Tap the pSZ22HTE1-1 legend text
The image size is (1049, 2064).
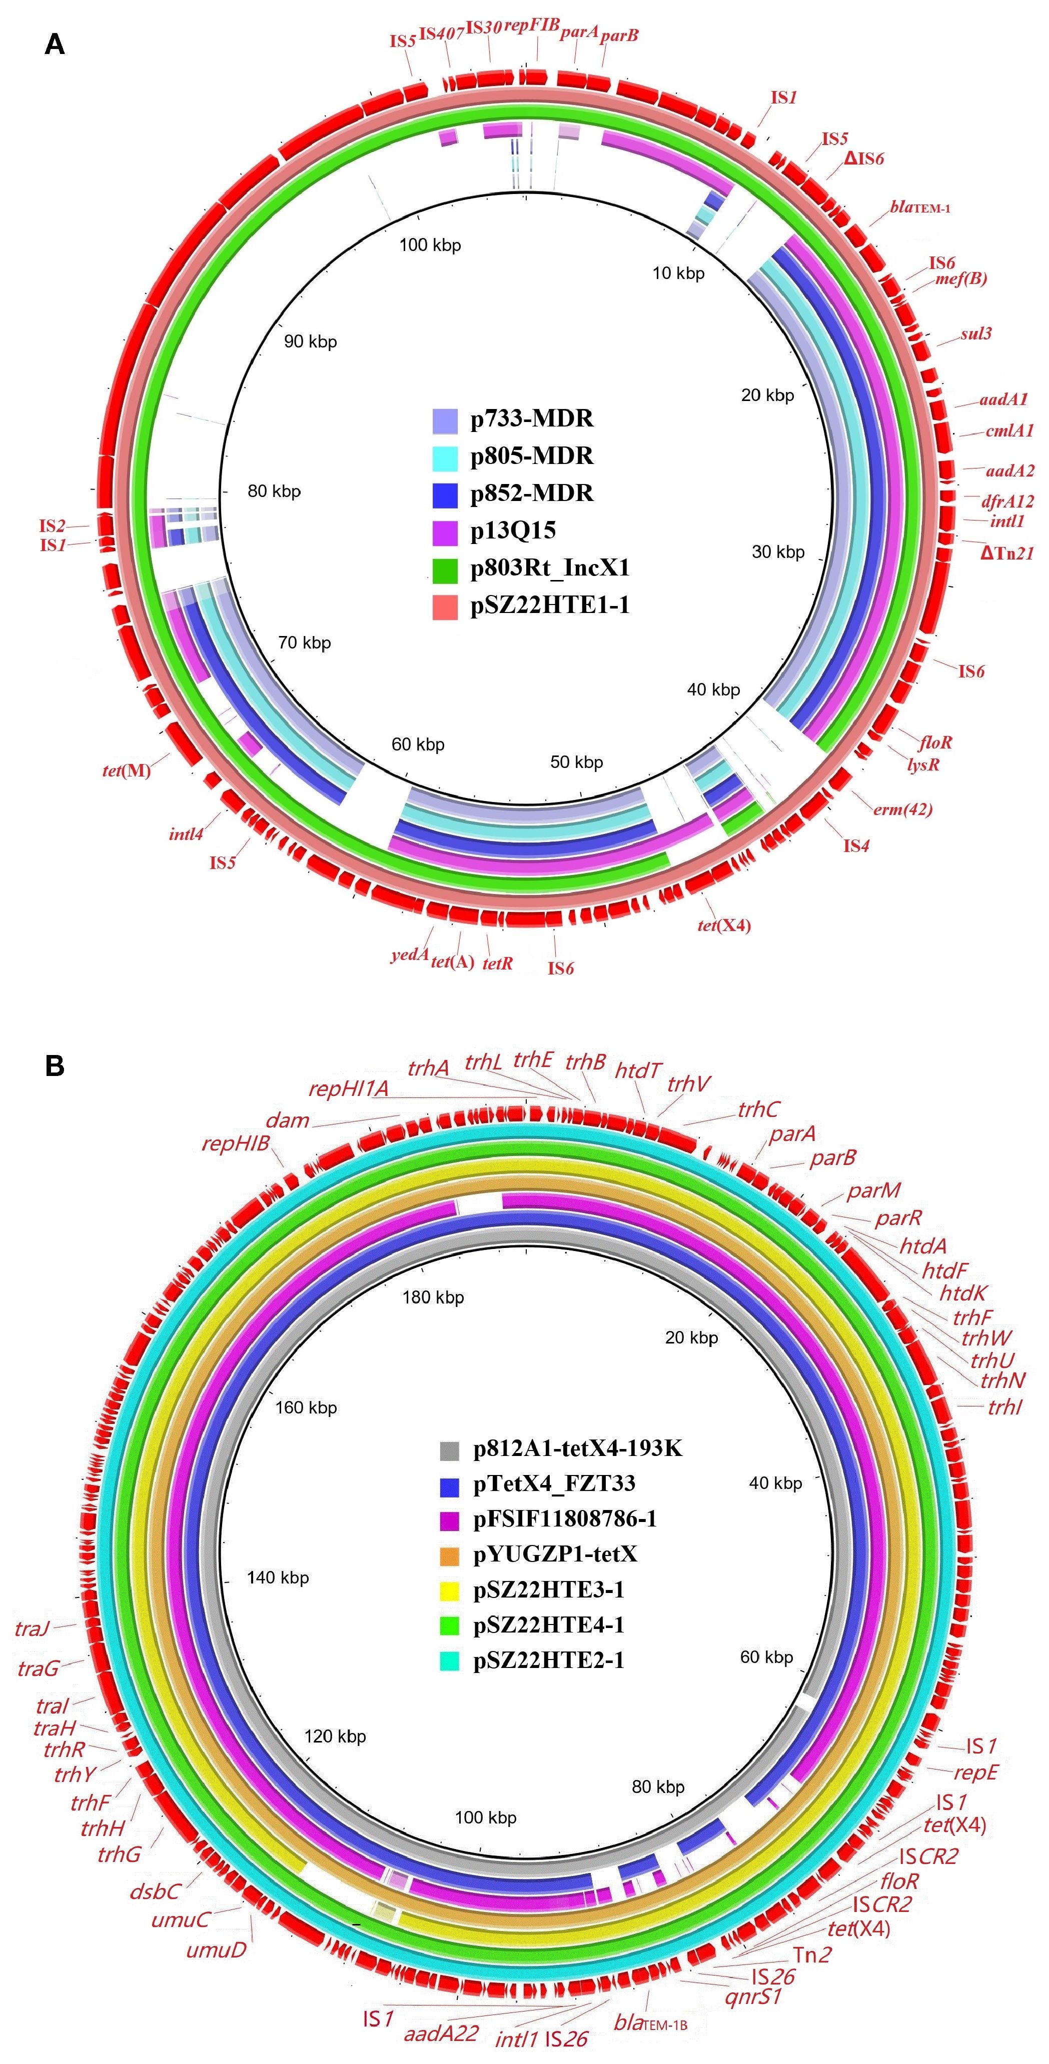click(550, 605)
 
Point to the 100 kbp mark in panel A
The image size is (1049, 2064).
click(430, 245)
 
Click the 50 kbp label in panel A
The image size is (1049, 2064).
click(576, 762)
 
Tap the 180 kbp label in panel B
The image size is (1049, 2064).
click(433, 1296)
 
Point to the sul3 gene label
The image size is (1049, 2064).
click(976, 333)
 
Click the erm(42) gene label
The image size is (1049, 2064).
click(903, 809)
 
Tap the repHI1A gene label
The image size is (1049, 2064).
click(348, 1089)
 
